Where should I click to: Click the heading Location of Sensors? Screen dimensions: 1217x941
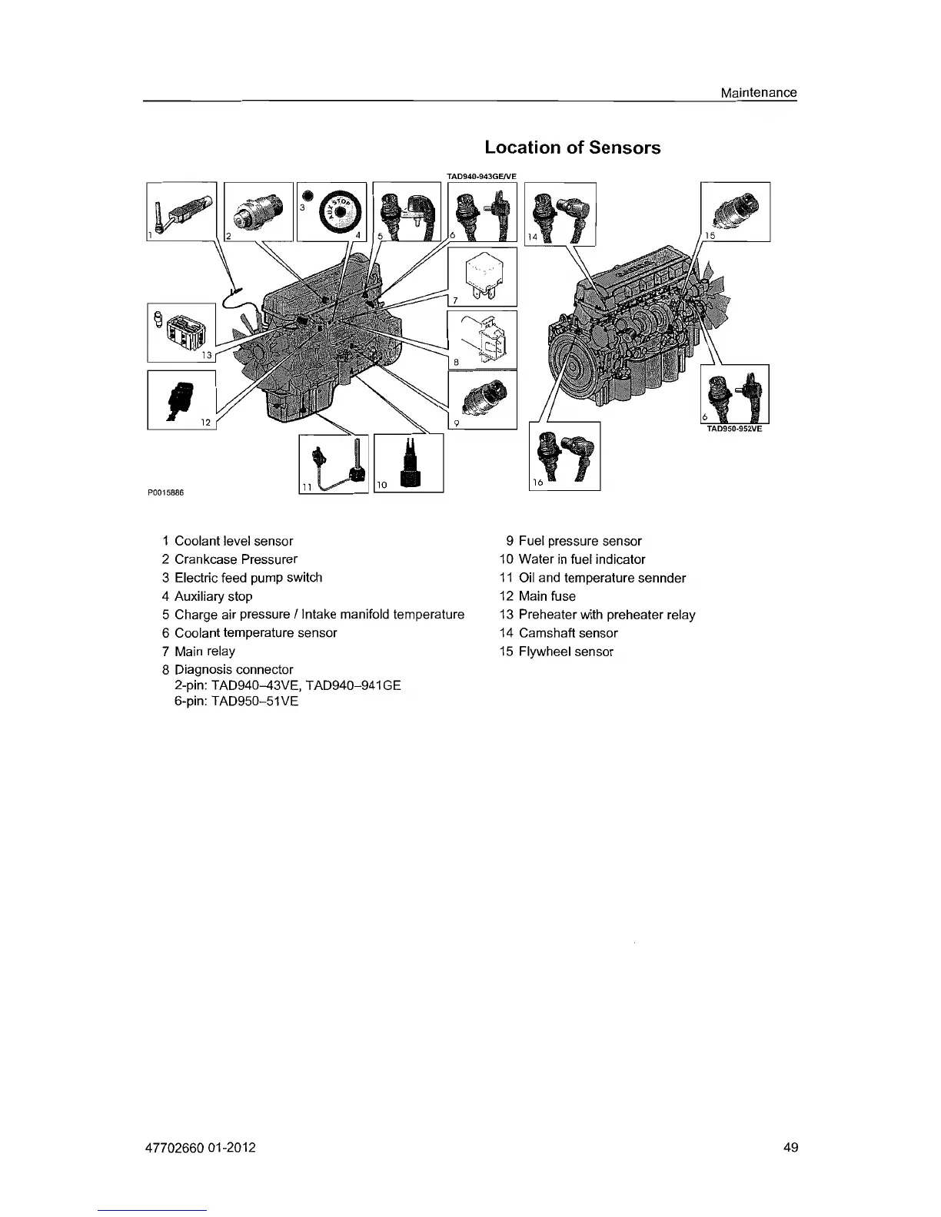pos(572,148)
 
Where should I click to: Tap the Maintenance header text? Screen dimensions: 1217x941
pos(758,93)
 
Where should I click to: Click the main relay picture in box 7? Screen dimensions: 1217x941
pos(480,275)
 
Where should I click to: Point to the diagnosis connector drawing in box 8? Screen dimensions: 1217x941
pos(484,339)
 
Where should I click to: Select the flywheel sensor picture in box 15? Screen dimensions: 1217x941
pos(738,210)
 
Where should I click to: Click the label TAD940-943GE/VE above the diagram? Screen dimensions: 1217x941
pos(482,176)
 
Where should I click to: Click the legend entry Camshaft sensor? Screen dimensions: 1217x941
pos(568,633)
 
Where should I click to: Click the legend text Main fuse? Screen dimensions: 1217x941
pos(547,596)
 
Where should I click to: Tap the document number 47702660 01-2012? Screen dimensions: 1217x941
pos(200,1148)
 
